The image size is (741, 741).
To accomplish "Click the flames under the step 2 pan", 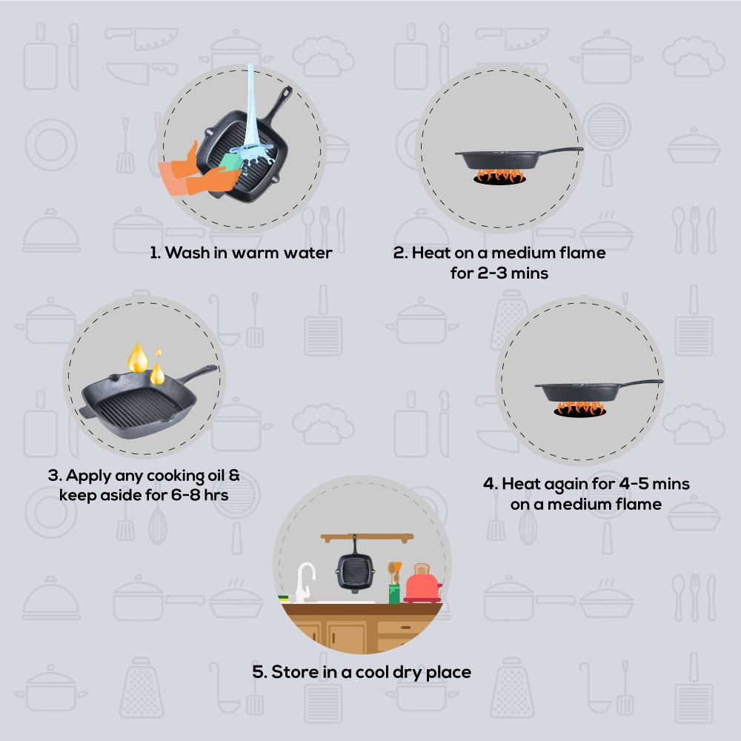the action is click(x=499, y=176).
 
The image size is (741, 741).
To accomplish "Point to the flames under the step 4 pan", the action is click(x=579, y=408).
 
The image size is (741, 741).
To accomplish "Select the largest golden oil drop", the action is click(x=138, y=359).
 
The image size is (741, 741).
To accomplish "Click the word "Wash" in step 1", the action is click(x=187, y=253).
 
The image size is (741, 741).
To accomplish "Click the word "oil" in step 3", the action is click(x=216, y=475).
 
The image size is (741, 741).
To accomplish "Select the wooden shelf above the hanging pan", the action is click(x=368, y=537).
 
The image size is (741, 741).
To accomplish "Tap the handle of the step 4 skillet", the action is click(x=640, y=382).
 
